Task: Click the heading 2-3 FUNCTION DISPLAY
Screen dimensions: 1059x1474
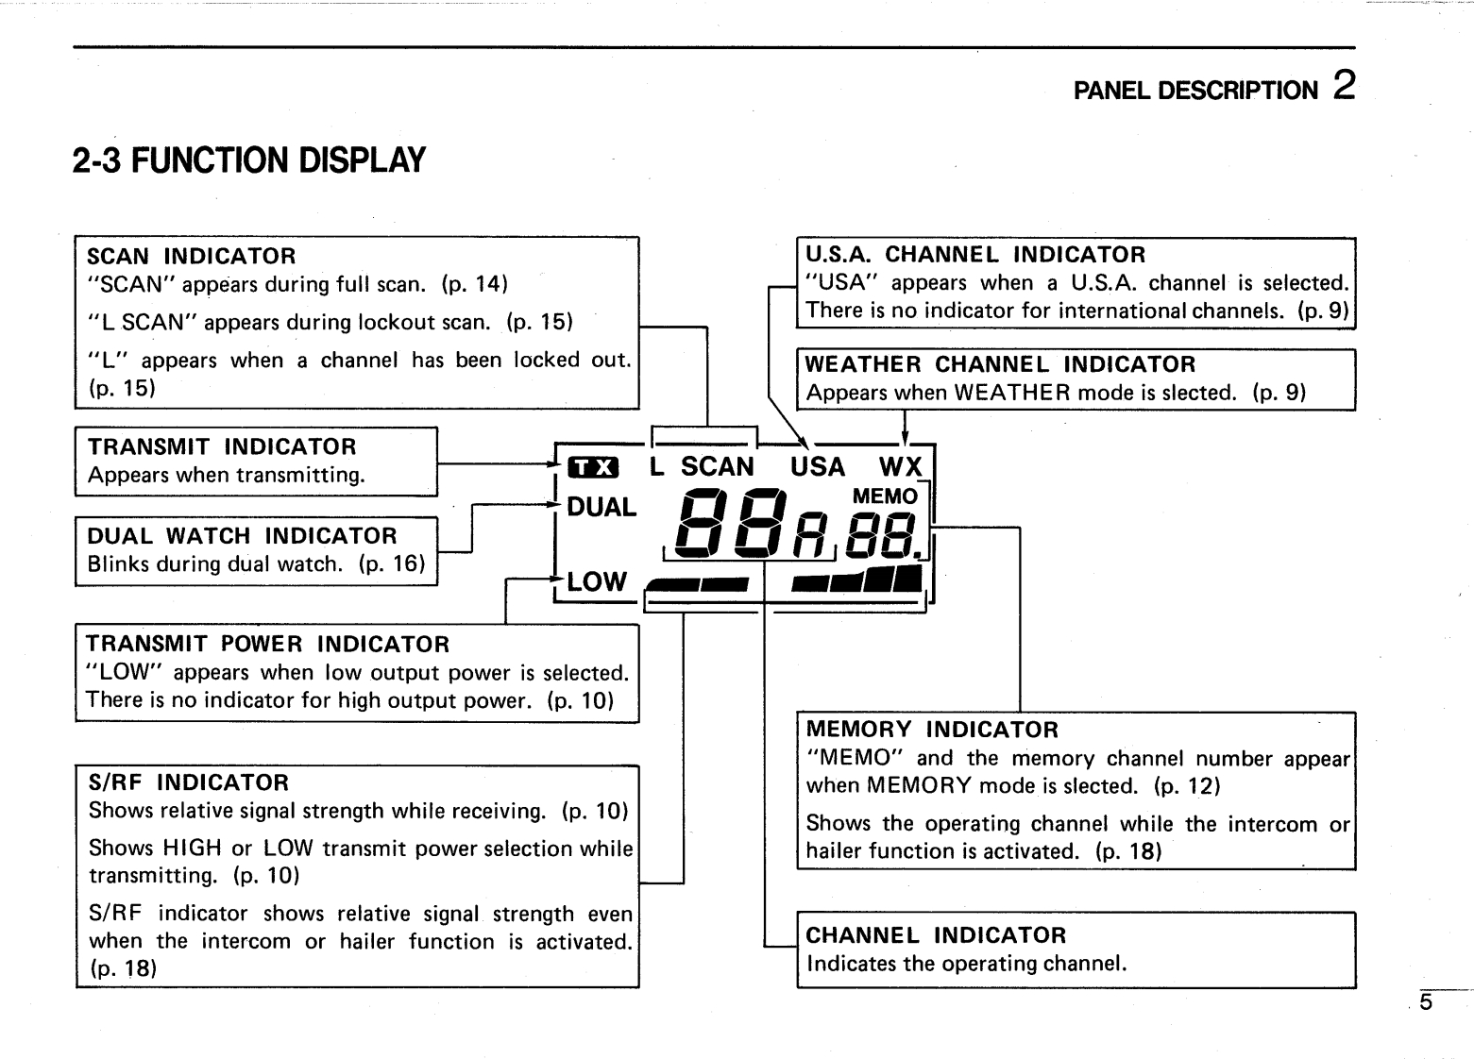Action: tap(249, 160)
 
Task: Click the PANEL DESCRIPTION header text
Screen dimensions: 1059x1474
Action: tap(1195, 91)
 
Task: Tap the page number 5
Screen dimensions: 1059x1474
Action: tap(1426, 1002)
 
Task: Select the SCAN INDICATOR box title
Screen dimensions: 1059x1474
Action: tap(191, 257)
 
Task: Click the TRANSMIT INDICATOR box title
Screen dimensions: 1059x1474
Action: tap(222, 447)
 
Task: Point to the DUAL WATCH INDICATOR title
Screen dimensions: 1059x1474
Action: tap(242, 536)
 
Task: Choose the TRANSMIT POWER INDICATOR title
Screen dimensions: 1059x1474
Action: tap(267, 645)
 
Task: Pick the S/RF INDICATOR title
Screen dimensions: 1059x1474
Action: tap(188, 782)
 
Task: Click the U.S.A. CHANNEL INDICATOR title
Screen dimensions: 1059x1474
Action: tap(974, 255)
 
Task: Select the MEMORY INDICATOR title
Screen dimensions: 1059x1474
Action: tap(932, 730)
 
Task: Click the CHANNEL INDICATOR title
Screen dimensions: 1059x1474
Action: tap(936, 935)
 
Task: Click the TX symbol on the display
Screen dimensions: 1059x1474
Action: tap(593, 467)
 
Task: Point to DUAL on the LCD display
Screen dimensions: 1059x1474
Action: tap(601, 508)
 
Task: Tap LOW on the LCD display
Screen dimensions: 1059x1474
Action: tap(597, 581)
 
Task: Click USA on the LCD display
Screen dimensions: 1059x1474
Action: tap(818, 467)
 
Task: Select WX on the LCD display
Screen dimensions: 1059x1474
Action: tap(900, 467)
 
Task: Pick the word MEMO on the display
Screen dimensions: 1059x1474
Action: tap(885, 496)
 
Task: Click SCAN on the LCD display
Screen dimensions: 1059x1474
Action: tap(718, 467)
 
